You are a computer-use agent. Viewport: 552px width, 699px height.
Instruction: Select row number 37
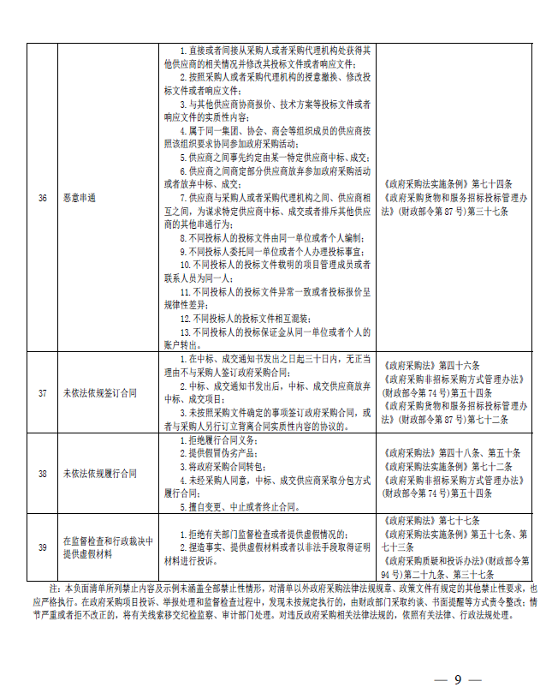click(x=42, y=393)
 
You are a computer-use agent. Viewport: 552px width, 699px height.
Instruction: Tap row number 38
click(x=42, y=473)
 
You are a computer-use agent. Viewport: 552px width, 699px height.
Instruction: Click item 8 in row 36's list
click(x=265, y=236)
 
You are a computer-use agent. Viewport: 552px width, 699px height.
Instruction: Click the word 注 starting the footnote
click(x=55, y=588)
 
